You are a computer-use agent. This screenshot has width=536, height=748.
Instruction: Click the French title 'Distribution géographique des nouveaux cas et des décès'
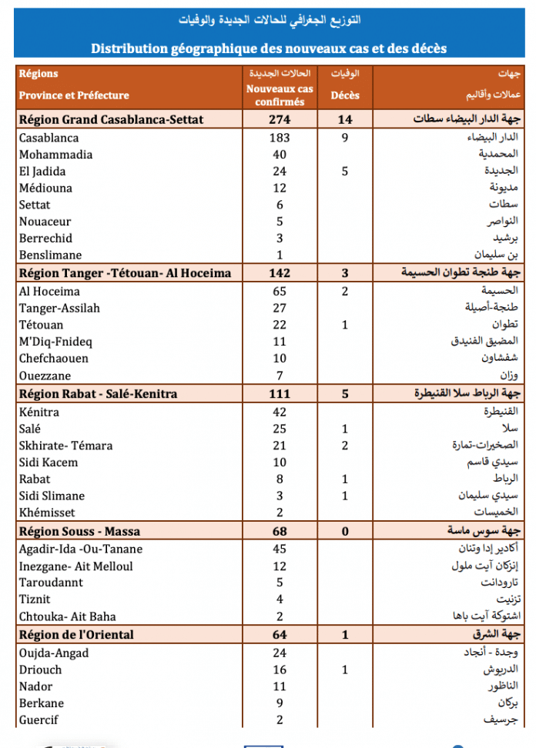[268, 48]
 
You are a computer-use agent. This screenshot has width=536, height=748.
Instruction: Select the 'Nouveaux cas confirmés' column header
[280, 95]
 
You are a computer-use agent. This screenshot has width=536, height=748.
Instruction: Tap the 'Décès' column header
[345, 95]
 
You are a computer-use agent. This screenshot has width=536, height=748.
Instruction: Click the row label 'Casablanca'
[49, 138]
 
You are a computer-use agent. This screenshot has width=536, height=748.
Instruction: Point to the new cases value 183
[280, 138]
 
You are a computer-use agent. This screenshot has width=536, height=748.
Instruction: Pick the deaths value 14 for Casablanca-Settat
[345, 120]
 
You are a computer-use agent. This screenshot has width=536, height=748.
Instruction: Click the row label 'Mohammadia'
[55, 155]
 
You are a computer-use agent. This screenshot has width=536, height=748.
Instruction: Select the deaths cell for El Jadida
[345, 172]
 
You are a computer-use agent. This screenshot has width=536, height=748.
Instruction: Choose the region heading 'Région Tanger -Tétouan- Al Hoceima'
[125, 273]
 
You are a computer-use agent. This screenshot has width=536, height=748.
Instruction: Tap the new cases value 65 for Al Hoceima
[280, 292]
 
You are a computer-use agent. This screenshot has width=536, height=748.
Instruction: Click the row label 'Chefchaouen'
[54, 359]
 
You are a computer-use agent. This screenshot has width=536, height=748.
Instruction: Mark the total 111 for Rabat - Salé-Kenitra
[280, 394]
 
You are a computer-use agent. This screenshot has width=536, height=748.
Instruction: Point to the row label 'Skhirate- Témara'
[66, 446]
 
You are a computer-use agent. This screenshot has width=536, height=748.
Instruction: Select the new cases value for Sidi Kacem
[280, 462]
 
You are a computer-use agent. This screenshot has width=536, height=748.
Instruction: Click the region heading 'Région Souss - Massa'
[79, 532]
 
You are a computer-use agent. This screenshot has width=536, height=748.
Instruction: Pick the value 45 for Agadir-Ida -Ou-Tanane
[280, 549]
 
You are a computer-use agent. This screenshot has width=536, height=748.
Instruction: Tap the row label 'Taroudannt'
[51, 583]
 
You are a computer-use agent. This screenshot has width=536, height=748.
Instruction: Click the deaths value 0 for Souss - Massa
[345, 532]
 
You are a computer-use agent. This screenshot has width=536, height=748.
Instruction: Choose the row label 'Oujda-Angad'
[54, 653]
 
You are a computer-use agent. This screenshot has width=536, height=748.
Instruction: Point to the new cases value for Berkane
[280, 703]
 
